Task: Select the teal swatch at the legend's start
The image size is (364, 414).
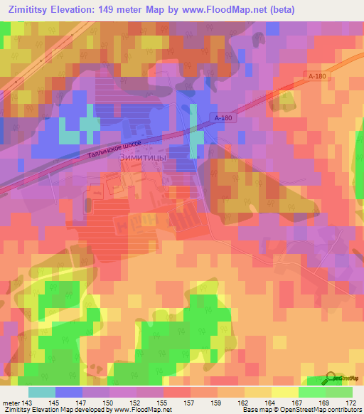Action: pyautogui.click(x=42, y=392)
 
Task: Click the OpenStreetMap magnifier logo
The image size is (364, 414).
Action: pyautogui.click(x=332, y=378)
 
